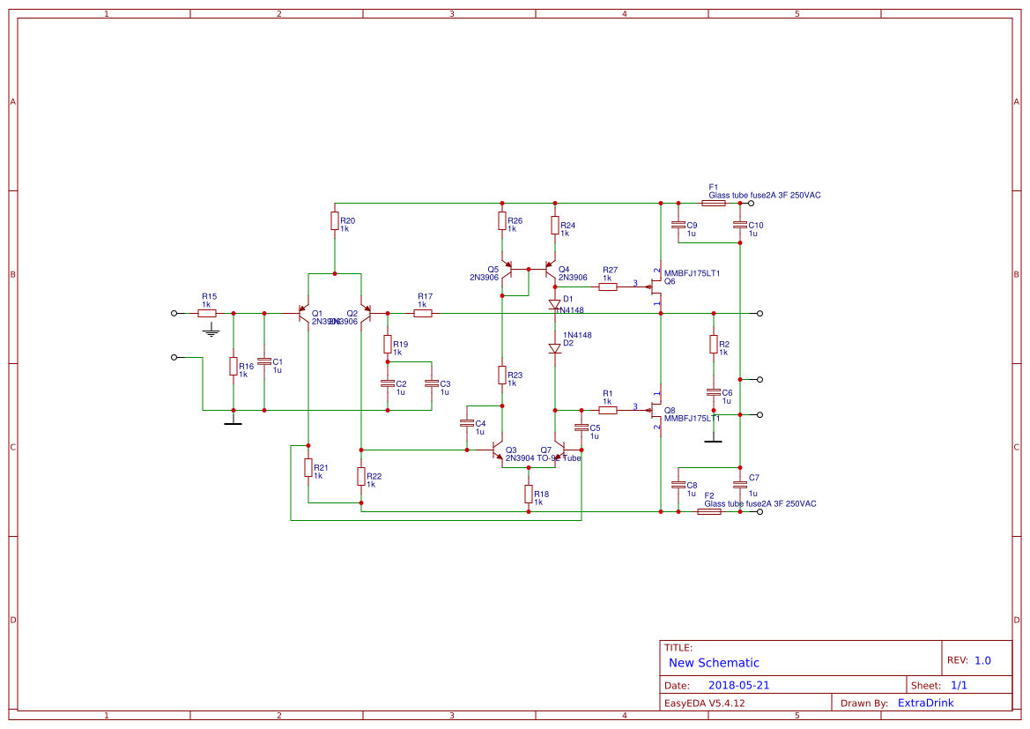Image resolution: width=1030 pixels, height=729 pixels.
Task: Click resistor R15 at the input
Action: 207,313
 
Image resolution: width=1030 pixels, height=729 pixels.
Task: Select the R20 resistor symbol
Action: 335,220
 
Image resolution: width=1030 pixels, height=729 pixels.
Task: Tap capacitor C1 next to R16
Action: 263,362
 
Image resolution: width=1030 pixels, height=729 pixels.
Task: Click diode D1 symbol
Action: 555,304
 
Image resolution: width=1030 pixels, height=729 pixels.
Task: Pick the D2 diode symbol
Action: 555,348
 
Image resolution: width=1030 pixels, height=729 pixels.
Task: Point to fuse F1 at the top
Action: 713,203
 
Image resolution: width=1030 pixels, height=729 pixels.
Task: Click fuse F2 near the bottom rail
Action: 708,511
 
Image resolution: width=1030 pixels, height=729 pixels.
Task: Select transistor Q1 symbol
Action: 304,313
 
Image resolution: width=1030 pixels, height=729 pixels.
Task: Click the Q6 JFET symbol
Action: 656,285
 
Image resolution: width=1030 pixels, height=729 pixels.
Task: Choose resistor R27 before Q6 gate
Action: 608,286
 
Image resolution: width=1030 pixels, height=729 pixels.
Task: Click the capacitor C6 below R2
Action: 714,392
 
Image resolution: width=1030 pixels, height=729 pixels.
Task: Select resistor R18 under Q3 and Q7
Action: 529,494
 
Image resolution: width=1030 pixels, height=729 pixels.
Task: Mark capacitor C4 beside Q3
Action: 467,423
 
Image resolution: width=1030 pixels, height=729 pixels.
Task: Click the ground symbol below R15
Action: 210,331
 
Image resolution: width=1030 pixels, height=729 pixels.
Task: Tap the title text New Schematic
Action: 714,663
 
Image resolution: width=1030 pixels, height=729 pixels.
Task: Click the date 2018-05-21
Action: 738,685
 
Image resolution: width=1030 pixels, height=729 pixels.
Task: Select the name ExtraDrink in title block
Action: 925,703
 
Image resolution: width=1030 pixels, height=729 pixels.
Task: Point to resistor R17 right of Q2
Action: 423,313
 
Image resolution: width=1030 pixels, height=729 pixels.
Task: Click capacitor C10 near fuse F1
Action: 740,225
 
